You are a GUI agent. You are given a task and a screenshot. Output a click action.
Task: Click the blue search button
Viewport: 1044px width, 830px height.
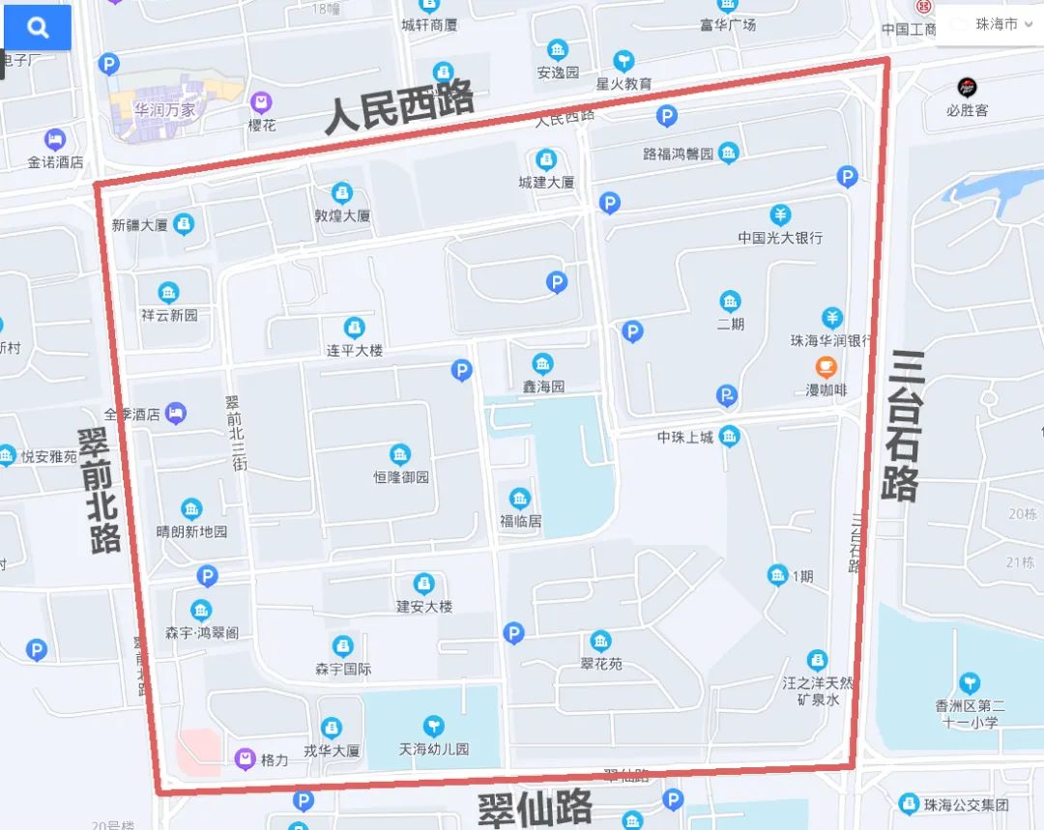(38, 27)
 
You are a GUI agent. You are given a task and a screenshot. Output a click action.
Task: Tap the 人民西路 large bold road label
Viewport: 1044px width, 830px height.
(398, 107)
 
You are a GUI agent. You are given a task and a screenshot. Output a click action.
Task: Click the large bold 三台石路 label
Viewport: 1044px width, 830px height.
(903, 425)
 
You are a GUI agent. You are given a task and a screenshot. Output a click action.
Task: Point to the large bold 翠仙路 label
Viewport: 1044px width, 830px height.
(535, 808)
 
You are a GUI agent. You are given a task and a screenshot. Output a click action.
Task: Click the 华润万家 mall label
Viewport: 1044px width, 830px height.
(152, 109)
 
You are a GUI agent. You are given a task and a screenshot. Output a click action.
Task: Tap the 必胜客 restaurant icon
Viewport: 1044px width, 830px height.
(967, 87)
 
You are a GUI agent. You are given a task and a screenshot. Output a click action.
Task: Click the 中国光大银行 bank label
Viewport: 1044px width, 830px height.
(780, 238)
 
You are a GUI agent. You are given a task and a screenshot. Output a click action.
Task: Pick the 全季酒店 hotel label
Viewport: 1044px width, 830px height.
(132, 415)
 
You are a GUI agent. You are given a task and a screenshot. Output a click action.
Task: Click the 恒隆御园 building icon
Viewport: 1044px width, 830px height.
(399, 455)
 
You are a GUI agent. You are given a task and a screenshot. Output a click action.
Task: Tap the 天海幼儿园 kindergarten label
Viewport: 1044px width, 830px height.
(434, 750)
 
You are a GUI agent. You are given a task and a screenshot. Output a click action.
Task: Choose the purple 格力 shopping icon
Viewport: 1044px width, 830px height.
(246, 760)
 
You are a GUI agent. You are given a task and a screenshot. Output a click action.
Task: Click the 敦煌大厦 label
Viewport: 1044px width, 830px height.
(342, 216)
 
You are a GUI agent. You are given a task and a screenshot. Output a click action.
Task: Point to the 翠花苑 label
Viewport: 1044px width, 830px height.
(601, 665)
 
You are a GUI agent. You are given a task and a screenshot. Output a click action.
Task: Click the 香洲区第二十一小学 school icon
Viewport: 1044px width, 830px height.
(969, 682)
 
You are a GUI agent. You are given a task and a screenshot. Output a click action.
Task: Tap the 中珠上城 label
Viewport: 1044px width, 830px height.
(685, 438)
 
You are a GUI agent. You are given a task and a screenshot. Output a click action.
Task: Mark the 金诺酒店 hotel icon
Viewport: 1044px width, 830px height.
(55, 139)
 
